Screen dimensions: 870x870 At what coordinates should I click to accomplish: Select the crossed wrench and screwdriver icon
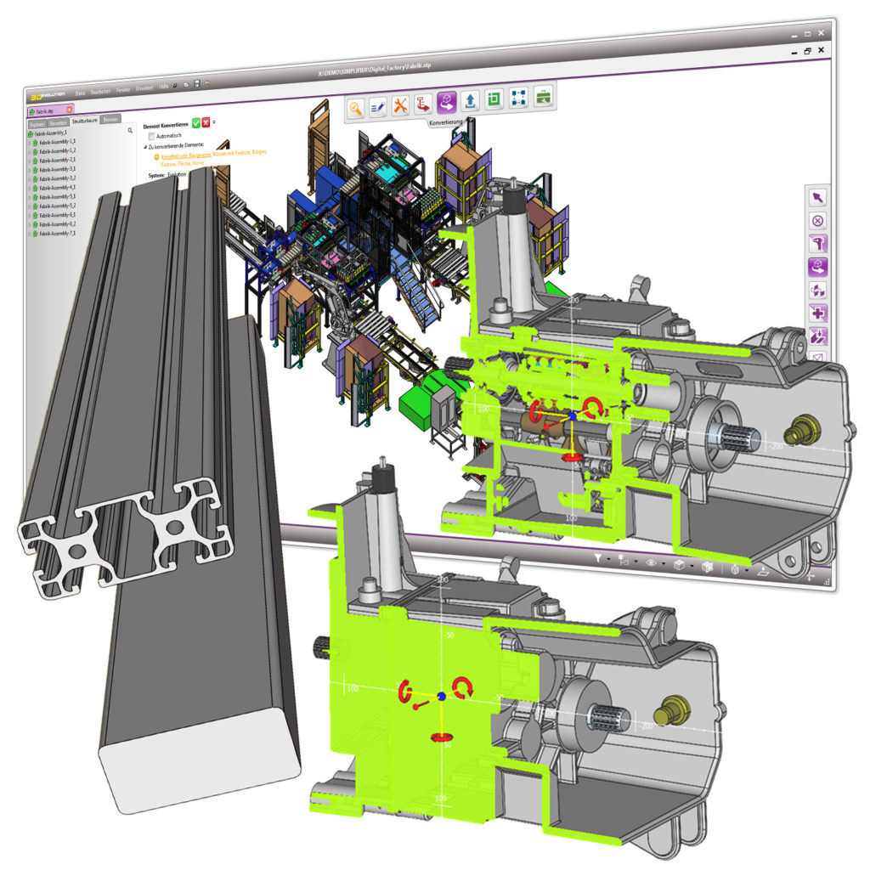pos(401,105)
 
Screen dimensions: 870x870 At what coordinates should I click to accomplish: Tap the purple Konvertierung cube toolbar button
pos(447,103)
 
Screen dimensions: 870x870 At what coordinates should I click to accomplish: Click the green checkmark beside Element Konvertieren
pos(196,122)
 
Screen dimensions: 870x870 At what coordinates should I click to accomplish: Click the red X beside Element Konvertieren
pos(206,122)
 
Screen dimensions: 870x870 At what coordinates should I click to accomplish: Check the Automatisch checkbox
pos(152,135)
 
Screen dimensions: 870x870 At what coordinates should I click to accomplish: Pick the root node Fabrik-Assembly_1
pos(54,133)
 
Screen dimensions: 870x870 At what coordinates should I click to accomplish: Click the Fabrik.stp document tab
pos(47,111)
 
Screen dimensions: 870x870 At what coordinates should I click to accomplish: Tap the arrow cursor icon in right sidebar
pos(817,197)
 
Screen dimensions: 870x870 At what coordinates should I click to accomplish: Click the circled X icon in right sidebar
pos(818,220)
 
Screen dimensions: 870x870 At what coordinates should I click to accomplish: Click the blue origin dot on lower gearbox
pos(441,697)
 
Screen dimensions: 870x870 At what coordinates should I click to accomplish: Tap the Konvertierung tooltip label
pos(451,122)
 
